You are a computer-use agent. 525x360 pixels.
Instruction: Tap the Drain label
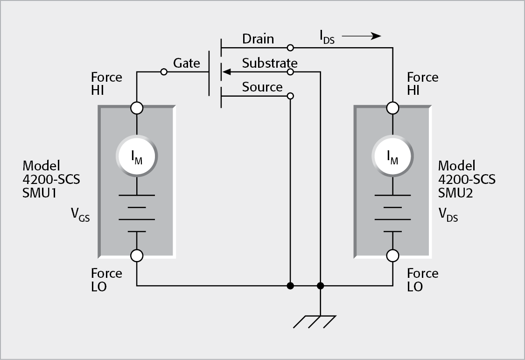coord(258,39)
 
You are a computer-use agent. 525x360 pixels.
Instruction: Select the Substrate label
coord(269,63)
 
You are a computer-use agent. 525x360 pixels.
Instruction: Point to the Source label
coord(262,87)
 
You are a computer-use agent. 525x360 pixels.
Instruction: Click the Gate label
coord(187,63)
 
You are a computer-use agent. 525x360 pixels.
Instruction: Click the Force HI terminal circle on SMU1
coord(137,108)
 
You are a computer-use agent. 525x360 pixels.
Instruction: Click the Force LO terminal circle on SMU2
coord(392,255)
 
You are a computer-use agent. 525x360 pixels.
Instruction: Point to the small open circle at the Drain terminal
coord(290,48)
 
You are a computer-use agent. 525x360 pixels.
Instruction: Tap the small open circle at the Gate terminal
coord(163,72)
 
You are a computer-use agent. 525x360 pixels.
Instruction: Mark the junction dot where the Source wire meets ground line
coord(290,285)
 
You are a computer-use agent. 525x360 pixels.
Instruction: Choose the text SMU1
coord(39,192)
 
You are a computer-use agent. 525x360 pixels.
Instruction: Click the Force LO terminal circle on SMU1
coord(137,255)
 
